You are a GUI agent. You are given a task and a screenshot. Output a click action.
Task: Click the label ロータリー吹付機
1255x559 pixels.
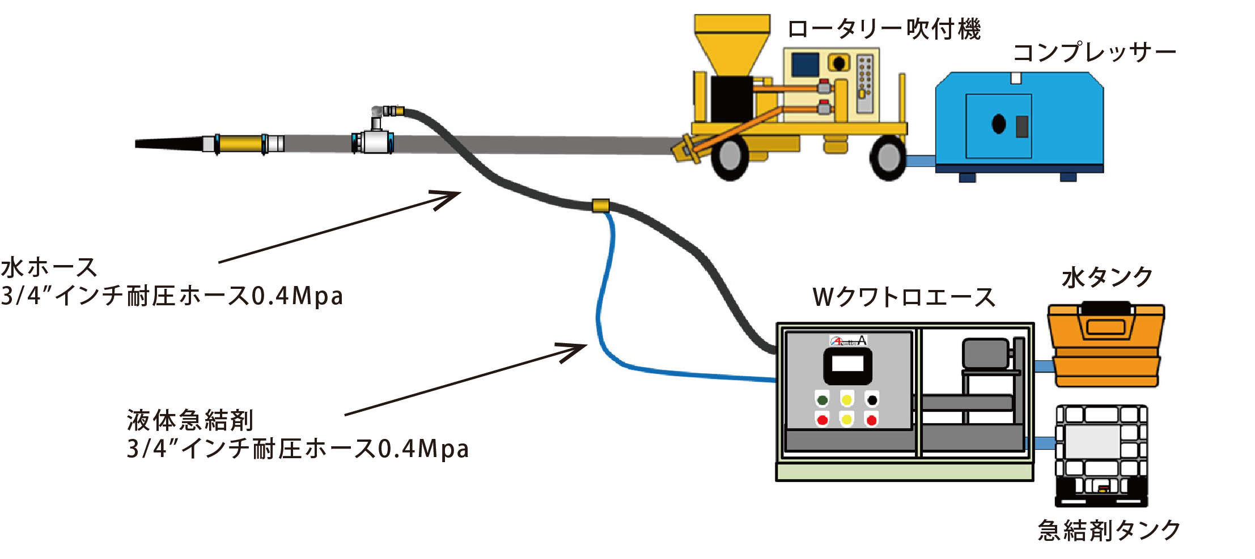[884, 29]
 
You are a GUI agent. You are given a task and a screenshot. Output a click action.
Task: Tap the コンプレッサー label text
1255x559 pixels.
[1094, 53]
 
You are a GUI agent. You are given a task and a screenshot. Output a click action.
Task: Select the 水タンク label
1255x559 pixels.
[1107, 278]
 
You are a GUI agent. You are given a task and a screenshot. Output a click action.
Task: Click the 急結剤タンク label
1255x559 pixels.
[1109, 531]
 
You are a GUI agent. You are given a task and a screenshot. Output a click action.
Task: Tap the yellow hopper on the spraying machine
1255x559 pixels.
[732, 42]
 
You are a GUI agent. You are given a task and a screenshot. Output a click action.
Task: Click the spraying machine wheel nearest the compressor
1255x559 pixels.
[888, 158]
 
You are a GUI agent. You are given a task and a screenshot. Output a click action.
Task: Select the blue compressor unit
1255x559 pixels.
[1019, 122]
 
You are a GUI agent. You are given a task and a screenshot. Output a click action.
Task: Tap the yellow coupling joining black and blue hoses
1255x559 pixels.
[600, 205]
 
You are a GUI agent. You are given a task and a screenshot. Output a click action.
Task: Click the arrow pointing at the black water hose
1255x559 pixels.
[340, 227]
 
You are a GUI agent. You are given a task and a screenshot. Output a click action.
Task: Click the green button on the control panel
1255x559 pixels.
[822, 400]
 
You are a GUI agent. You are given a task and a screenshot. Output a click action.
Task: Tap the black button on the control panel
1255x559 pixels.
[872, 400]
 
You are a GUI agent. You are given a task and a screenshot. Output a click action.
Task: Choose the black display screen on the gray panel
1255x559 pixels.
[847, 366]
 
